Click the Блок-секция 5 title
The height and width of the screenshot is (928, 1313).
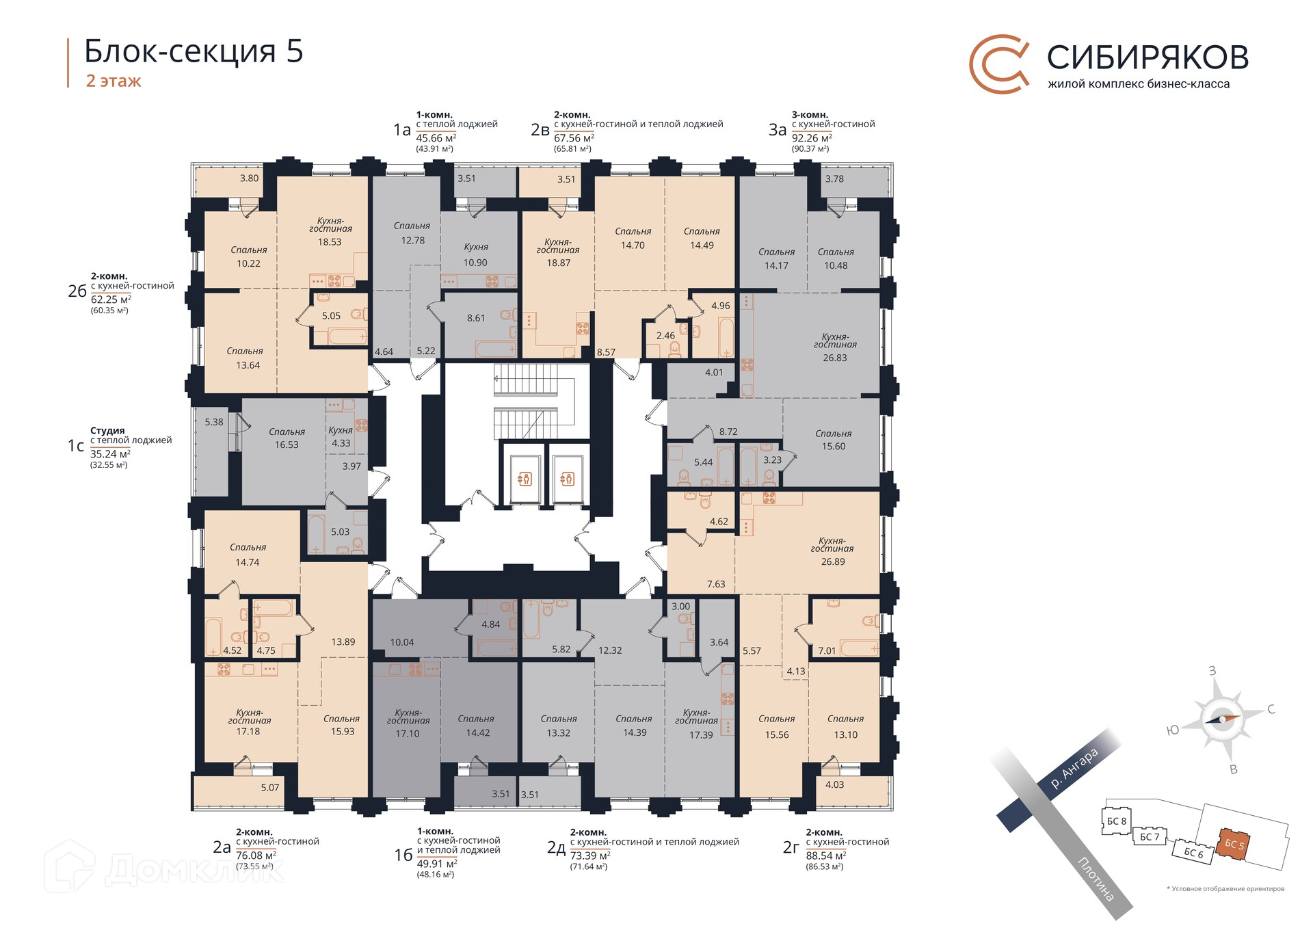click(x=194, y=51)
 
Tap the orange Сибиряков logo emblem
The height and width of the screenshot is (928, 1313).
click(x=999, y=64)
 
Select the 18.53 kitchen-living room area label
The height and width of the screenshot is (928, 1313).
click(x=330, y=242)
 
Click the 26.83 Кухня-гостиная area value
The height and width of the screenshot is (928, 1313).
click(x=835, y=358)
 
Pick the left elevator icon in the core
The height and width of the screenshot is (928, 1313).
click(x=525, y=479)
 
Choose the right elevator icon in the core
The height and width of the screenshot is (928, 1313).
click(x=568, y=479)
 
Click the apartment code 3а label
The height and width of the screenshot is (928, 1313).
click(x=778, y=130)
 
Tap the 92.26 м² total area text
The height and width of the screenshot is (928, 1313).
click(x=812, y=138)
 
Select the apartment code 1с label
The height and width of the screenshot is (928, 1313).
click(x=76, y=446)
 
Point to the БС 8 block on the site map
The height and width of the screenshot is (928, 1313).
click(x=1116, y=821)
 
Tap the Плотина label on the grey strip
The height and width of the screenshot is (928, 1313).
click(x=1096, y=878)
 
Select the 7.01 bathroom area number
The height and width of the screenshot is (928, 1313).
click(x=827, y=650)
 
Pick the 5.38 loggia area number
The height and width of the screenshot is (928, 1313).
click(x=214, y=422)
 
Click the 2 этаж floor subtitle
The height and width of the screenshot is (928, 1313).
click(x=114, y=81)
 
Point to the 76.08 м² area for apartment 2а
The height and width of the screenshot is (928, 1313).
click(x=256, y=856)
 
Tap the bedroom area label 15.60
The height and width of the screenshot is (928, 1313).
click(x=834, y=447)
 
